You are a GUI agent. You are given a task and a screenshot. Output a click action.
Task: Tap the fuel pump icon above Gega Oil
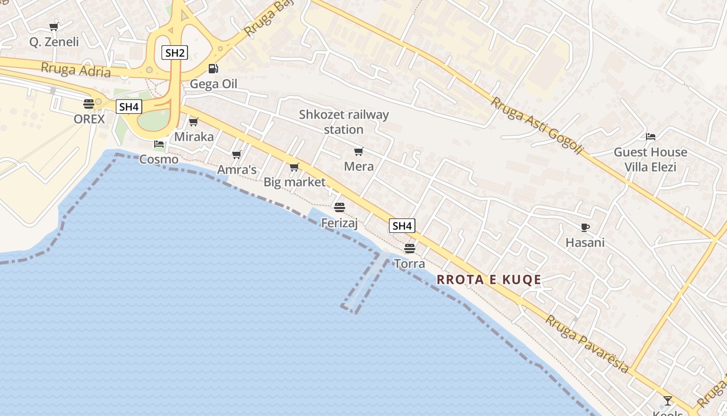click(213, 68)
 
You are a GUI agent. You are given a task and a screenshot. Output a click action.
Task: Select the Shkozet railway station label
click(344, 122)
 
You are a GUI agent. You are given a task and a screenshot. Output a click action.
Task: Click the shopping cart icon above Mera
click(358, 151)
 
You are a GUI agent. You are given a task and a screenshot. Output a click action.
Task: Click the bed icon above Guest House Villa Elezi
click(650, 137)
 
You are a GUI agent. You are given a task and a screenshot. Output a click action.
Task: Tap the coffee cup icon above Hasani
click(585, 227)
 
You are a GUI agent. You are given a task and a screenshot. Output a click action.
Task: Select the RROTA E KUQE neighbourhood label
click(489, 280)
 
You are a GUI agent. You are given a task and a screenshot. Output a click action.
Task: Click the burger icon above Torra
click(410, 248)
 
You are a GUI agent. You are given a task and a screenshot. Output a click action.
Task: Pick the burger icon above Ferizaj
click(340, 207)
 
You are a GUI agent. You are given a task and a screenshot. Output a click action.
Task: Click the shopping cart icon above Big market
click(294, 167)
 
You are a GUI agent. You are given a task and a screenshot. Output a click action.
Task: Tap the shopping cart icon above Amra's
click(237, 154)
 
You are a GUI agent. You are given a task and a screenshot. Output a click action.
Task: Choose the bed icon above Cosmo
click(159, 144)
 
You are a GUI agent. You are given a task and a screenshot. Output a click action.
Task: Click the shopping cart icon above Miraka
click(194, 122)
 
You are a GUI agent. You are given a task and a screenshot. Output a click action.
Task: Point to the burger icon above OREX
click(89, 103)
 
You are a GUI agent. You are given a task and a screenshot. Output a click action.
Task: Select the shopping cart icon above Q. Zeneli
click(53, 27)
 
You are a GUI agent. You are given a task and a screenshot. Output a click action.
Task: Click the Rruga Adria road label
click(76, 69)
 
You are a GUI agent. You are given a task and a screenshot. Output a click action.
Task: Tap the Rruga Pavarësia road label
click(587, 344)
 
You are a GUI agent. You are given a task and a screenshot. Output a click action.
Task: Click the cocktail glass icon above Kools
click(668, 400)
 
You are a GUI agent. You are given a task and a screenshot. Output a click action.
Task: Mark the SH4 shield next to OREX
click(128, 107)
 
